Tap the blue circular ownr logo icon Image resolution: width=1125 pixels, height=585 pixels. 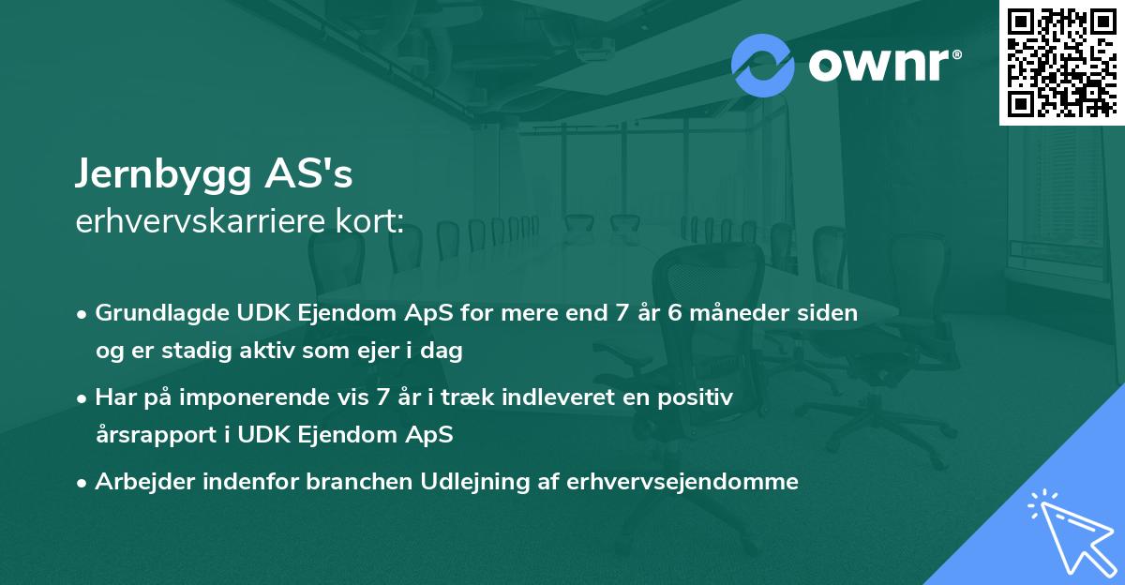tap(763, 64)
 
